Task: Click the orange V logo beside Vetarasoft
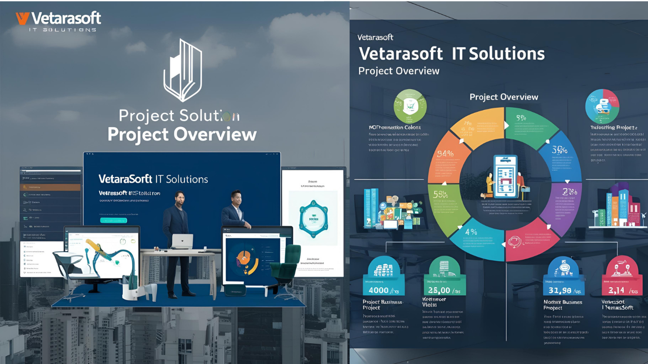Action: (x=22, y=18)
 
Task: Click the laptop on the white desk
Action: (x=182, y=241)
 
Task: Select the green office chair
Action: (x=287, y=264)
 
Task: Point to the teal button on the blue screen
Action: (x=113, y=220)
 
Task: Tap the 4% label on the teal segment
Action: (x=471, y=232)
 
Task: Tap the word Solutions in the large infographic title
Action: (x=499, y=54)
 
